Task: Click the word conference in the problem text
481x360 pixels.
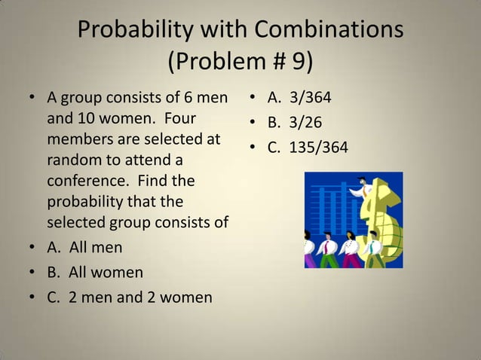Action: [83, 182]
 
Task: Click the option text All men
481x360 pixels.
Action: [96, 246]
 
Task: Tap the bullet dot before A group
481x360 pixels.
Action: [32, 99]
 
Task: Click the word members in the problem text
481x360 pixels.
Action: [84, 140]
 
